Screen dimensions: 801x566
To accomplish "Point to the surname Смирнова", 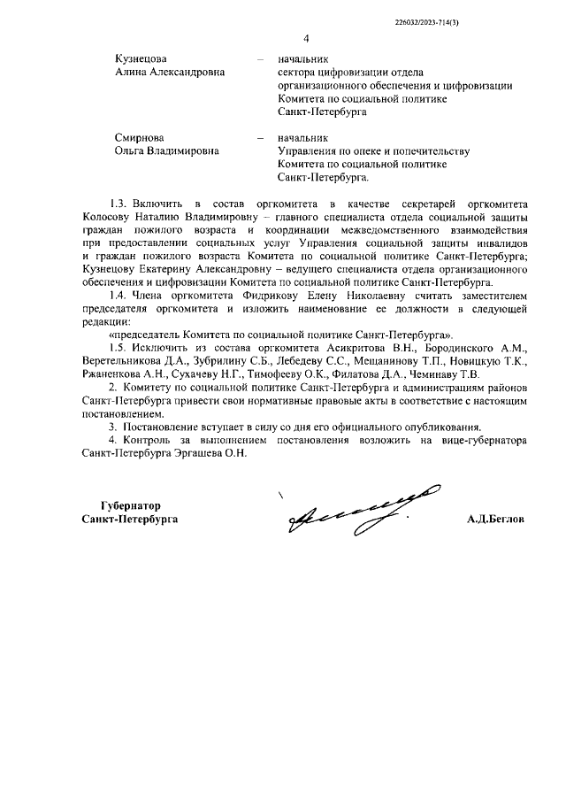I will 140,137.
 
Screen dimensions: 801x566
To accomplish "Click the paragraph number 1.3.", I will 119,204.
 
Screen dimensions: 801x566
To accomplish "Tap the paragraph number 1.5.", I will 118,349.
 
